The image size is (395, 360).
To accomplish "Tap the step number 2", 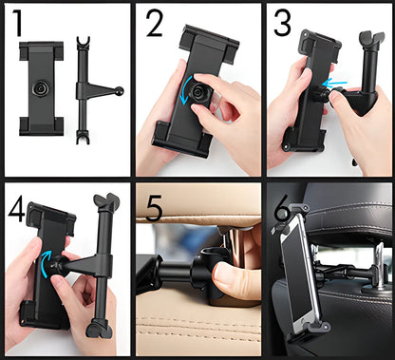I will pos(155,24).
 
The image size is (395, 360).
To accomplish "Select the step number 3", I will pos(283,23).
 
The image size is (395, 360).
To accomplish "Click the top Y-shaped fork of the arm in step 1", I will pos(84,45).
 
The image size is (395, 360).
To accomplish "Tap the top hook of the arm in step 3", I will pos(367,38).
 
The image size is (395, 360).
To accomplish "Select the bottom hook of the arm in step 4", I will pos(97,330).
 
